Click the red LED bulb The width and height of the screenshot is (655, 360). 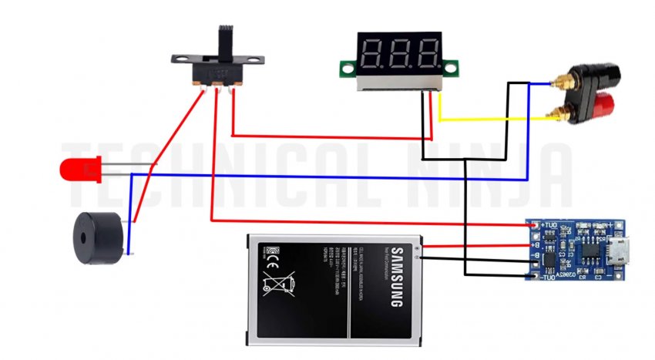coord(78,169)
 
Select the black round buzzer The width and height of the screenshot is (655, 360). coord(97,237)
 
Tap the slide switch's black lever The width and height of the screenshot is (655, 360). coord(225,43)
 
